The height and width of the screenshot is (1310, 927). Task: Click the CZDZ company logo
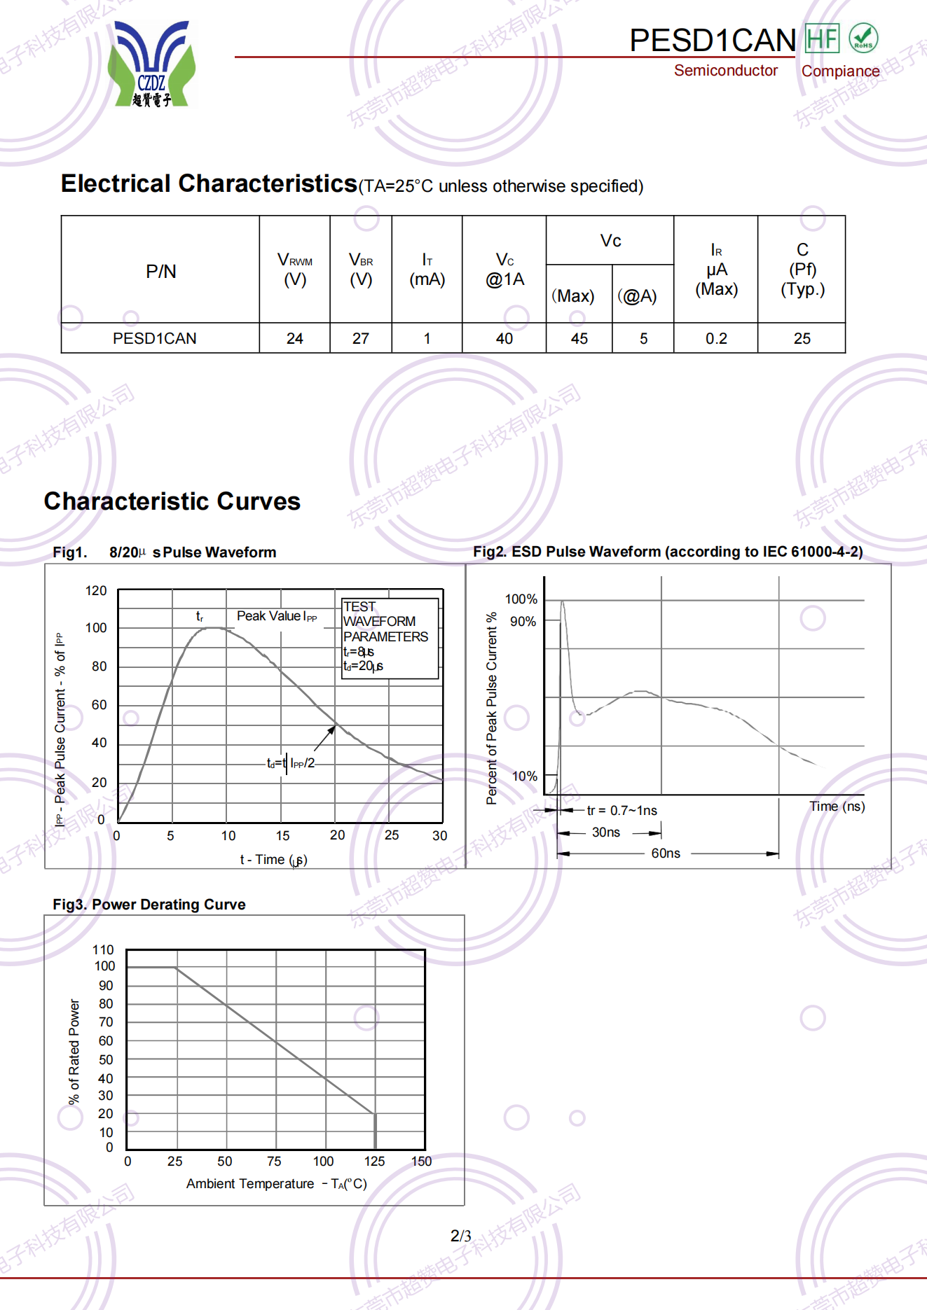point(152,64)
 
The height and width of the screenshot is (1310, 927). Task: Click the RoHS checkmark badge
point(863,38)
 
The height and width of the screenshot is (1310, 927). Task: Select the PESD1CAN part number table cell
point(155,339)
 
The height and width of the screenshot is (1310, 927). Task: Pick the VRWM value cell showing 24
point(295,339)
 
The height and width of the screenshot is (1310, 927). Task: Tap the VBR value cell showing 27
point(361,339)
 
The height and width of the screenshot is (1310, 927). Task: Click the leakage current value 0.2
point(716,339)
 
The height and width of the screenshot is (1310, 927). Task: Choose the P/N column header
point(160,272)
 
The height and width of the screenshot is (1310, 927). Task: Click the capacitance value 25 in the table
point(802,339)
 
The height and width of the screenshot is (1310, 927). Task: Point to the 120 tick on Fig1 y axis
point(96,591)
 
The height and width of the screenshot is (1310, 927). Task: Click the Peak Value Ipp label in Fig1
point(277,616)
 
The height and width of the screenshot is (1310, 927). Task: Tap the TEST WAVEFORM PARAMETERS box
point(390,636)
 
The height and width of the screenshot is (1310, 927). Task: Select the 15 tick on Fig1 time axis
point(282,835)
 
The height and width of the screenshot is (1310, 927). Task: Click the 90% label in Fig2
point(523,622)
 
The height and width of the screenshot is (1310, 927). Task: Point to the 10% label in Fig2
point(524,776)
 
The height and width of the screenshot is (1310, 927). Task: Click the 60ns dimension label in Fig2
point(666,853)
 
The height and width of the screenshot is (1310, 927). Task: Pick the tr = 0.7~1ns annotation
point(622,811)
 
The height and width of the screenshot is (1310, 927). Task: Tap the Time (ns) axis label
point(837,807)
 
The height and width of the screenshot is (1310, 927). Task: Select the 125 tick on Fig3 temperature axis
point(374,1162)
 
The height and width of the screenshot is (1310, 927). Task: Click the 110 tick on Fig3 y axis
point(103,950)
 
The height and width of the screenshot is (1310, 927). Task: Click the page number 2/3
point(460,1236)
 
